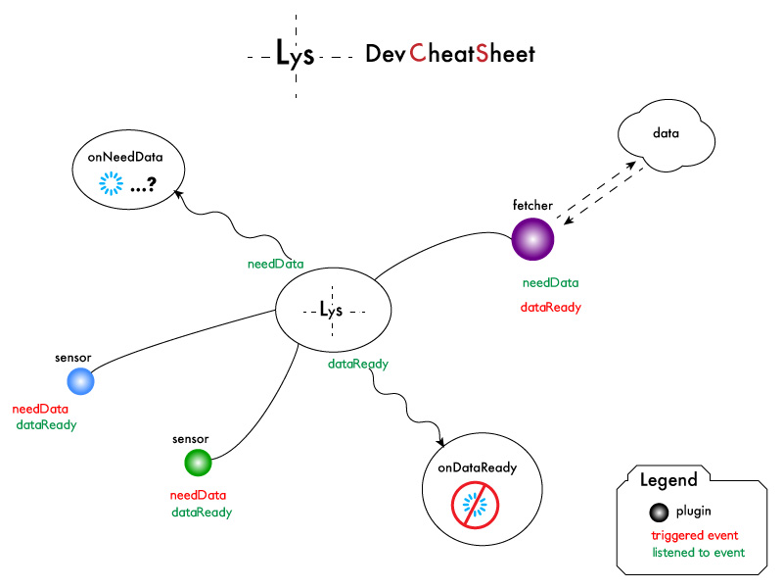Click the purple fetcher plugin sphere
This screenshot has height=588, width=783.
pos(533,239)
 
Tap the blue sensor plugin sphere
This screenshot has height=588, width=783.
pos(79,381)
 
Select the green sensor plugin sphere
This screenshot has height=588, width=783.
pos(198,462)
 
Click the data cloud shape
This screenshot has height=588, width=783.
pos(666,134)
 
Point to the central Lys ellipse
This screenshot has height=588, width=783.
pos(333,310)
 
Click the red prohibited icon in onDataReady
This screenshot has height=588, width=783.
pos(475,505)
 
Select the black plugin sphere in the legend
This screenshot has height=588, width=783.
pos(659,512)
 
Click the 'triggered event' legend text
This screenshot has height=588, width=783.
pos(694,535)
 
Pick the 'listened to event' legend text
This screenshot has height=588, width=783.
pos(698,553)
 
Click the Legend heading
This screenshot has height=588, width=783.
pos(668,480)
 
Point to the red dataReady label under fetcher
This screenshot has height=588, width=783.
pos(550,307)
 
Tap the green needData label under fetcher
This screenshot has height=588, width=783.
pos(550,283)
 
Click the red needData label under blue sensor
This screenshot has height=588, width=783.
pos(40,409)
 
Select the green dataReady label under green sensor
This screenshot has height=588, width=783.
pos(202,512)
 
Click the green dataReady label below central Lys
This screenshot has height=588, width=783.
pos(357,364)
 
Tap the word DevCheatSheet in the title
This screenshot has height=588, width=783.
pos(450,54)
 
